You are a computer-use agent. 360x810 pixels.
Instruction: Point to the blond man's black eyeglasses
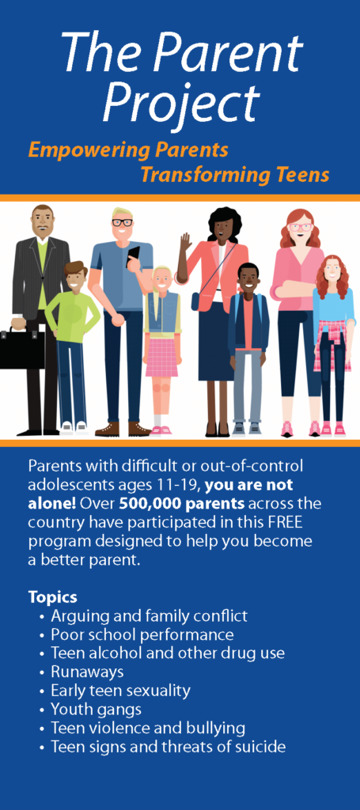click(122, 223)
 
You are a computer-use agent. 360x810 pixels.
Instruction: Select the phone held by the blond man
click(134, 255)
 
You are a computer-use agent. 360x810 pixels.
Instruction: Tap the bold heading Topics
click(53, 597)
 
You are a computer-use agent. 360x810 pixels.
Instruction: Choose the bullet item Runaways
click(87, 672)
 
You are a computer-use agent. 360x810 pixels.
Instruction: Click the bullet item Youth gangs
click(96, 709)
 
